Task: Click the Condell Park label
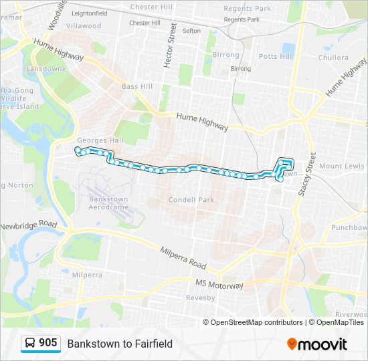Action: tap(191, 199)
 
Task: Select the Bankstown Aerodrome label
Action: tap(108, 203)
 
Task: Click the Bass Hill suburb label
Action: tap(137, 87)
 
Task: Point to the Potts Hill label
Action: tap(276, 56)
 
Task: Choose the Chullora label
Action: tap(333, 58)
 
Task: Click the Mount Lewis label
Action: tap(342, 166)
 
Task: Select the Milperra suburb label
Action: tap(87, 275)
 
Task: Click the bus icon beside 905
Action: tap(30, 343)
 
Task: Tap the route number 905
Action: tap(48, 343)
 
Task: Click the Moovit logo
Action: tap(317, 344)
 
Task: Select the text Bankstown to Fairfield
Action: tap(120, 344)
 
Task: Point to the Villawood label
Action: tap(84, 26)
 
